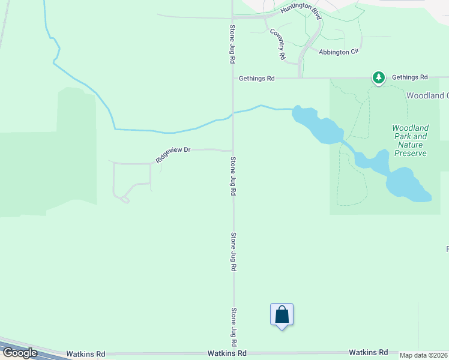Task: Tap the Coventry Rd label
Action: pyautogui.click(x=277, y=43)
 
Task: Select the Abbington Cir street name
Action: pyautogui.click(x=339, y=52)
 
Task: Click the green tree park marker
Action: pyautogui.click(x=379, y=77)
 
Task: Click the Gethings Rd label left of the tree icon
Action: pyautogui.click(x=256, y=78)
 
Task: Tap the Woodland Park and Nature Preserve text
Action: pyautogui.click(x=411, y=140)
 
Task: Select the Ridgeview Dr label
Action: pyautogui.click(x=173, y=155)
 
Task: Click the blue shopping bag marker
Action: pyautogui.click(x=282, y=315)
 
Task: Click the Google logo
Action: pyautogui.click(x=19, y=352)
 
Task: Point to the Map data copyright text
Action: pyautogui.click(x=424, y=355)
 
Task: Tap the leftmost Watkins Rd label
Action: pyautogui.click(x=86, y=354)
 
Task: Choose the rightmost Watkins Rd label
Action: pyautogui.click(x=368, y=352)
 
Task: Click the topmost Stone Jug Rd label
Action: pyautogui.click(x=232, y=44)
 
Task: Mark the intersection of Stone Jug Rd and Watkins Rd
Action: pyautogui.click(x=234, y=353)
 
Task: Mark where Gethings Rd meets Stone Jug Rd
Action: pyautogui.click(x=234, y=78)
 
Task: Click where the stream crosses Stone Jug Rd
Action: pyautogui.click(x=234, y=113)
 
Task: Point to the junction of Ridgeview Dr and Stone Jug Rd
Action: pyautogui.click(x=234, y=150)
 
